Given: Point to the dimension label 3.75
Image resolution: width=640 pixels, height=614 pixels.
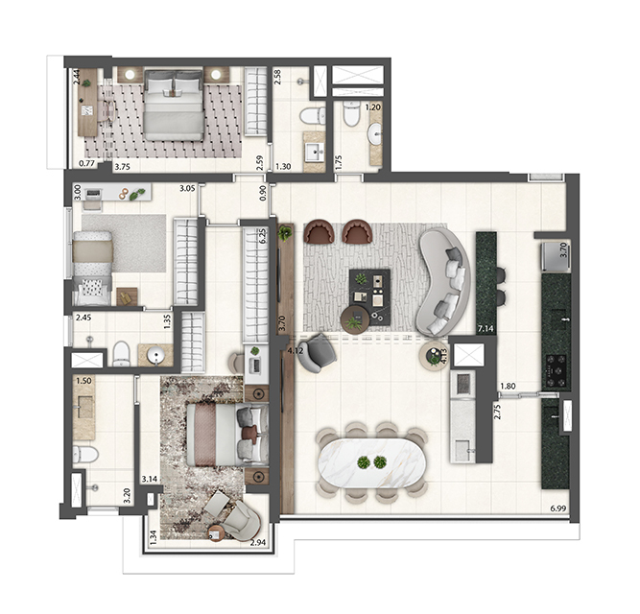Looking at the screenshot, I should point(122,166).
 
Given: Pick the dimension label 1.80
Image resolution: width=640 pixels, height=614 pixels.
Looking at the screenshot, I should point(508,388).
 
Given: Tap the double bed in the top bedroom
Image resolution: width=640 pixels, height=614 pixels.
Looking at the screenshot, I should point(174,107).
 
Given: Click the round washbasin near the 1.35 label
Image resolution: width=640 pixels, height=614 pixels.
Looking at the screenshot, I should point(156,356).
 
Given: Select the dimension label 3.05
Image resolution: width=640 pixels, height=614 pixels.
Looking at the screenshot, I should point(188,189).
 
